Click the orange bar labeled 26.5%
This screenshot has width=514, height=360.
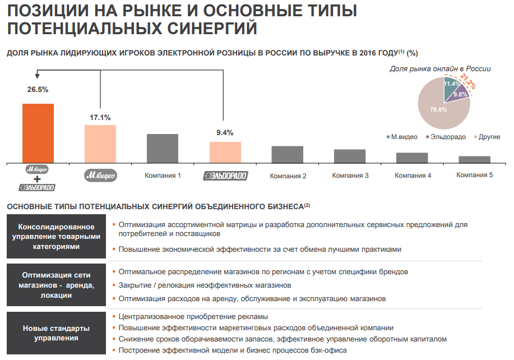[38, 133]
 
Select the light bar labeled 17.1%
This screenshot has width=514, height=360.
[100, 144]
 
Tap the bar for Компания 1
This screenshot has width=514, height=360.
[163, 148]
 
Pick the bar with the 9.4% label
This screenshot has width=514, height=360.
[225, 152]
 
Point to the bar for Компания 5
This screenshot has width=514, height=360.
[474, 159]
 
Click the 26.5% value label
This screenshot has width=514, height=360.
[38, 89]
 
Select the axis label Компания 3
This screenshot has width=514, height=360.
[350, 176]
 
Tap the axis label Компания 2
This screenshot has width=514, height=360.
[288, 176]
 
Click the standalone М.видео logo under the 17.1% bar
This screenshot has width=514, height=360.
[100, 175]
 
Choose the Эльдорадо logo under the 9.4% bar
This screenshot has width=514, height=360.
[225, 176]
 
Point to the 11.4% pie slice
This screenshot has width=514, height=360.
[451, 85]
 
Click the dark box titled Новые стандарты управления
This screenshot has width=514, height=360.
[56, 333]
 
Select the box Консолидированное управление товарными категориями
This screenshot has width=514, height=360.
[56, 236]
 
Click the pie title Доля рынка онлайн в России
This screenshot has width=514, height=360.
[440, 69]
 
